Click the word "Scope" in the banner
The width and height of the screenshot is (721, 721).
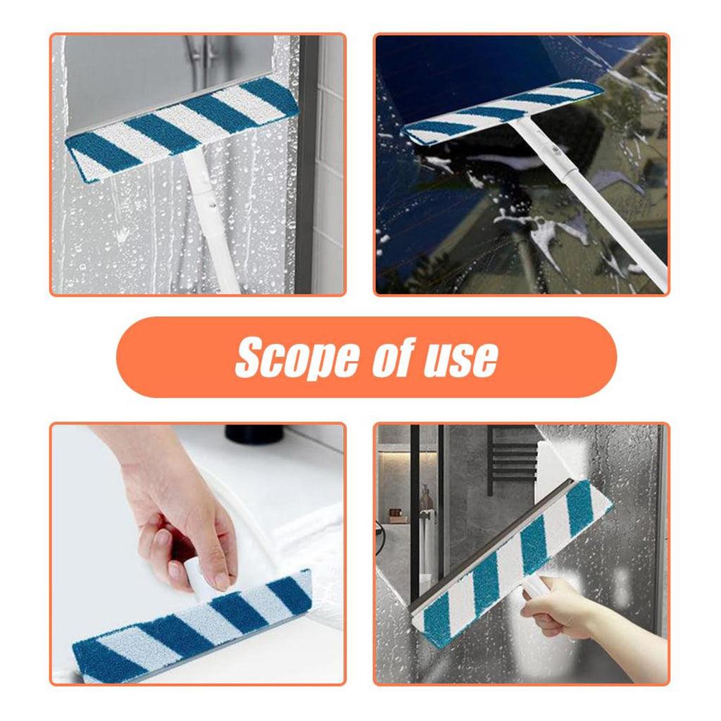(x=297, y=358)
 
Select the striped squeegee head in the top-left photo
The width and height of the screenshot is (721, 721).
(x=182, y=128)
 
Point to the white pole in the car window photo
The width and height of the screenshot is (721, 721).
(x=589, y=202)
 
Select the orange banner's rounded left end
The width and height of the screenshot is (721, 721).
(x=138, y=357)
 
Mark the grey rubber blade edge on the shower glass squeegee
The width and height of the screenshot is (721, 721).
(x=491, y=546)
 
